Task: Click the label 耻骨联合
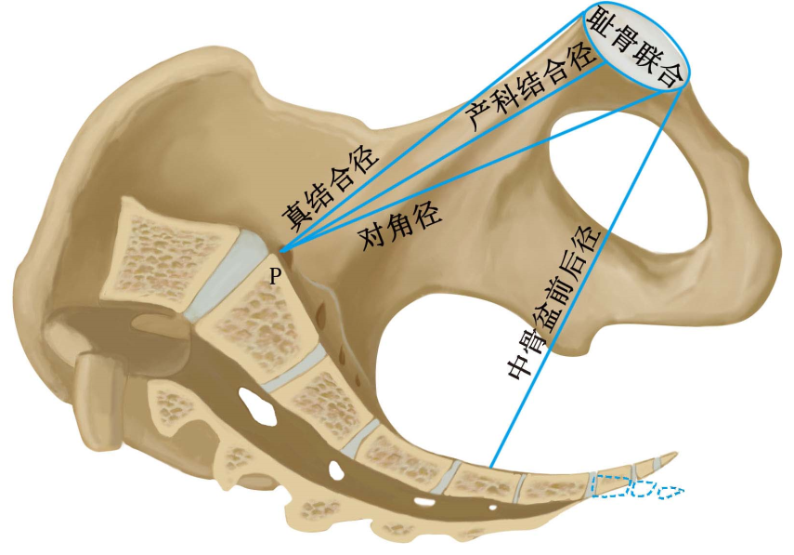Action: coord(644,46)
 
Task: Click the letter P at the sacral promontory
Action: coord(274,275)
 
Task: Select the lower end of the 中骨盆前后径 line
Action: coord(489,468)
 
